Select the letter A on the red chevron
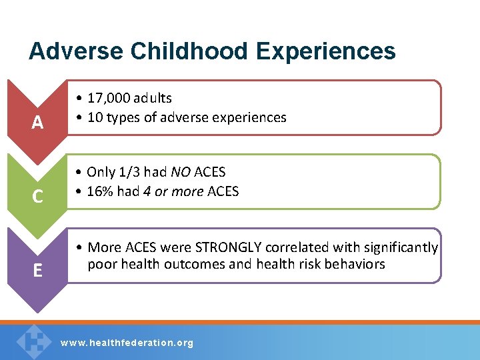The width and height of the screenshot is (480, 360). (x=38, y=123)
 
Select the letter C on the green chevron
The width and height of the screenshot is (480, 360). (x=38, y=197)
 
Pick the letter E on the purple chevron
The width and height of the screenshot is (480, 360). (x=38, y=270)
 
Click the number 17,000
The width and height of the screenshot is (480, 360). (x=110, y=98)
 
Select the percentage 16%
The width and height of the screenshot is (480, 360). (x=100, y=192)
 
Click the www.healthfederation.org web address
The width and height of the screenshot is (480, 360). (x=127, y=343)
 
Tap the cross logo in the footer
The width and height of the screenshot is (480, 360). (x=33, y=340)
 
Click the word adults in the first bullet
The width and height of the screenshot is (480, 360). (x=153, y=98)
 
